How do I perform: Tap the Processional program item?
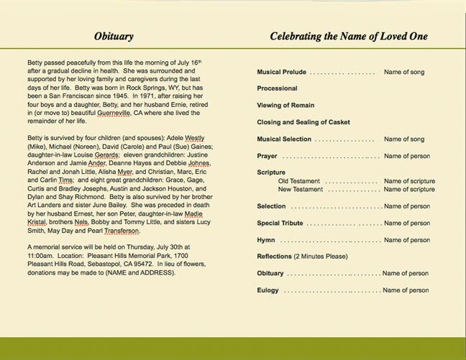coord(277,88)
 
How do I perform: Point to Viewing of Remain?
coord(286,104)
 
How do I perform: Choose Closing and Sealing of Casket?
coord(304,121)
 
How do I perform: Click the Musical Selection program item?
coord(284,138)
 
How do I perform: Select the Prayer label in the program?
coord(267,156)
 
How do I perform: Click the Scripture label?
coord(271,172)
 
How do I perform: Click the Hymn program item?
coord(266,239)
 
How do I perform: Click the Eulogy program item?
coord(268,290)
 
